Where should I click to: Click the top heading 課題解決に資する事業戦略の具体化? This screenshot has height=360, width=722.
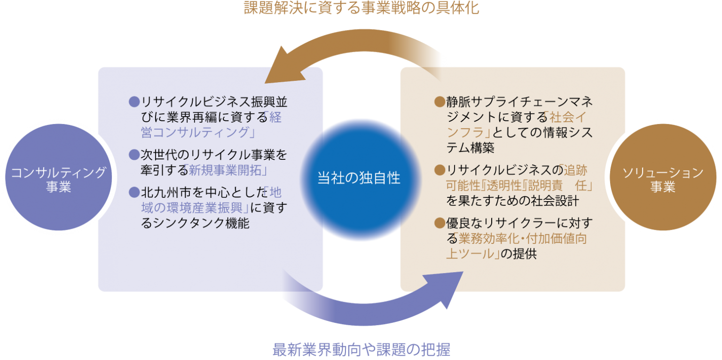click(361, 8)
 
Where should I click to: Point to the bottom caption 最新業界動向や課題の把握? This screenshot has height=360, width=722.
click(361, 350)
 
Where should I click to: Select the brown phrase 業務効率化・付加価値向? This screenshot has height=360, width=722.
click(522, 238)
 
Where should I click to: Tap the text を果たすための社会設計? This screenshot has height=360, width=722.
click(512, 201)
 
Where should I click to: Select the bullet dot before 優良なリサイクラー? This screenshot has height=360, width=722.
click(439, 223)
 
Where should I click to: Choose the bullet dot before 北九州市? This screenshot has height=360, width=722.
click(134, 192)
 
